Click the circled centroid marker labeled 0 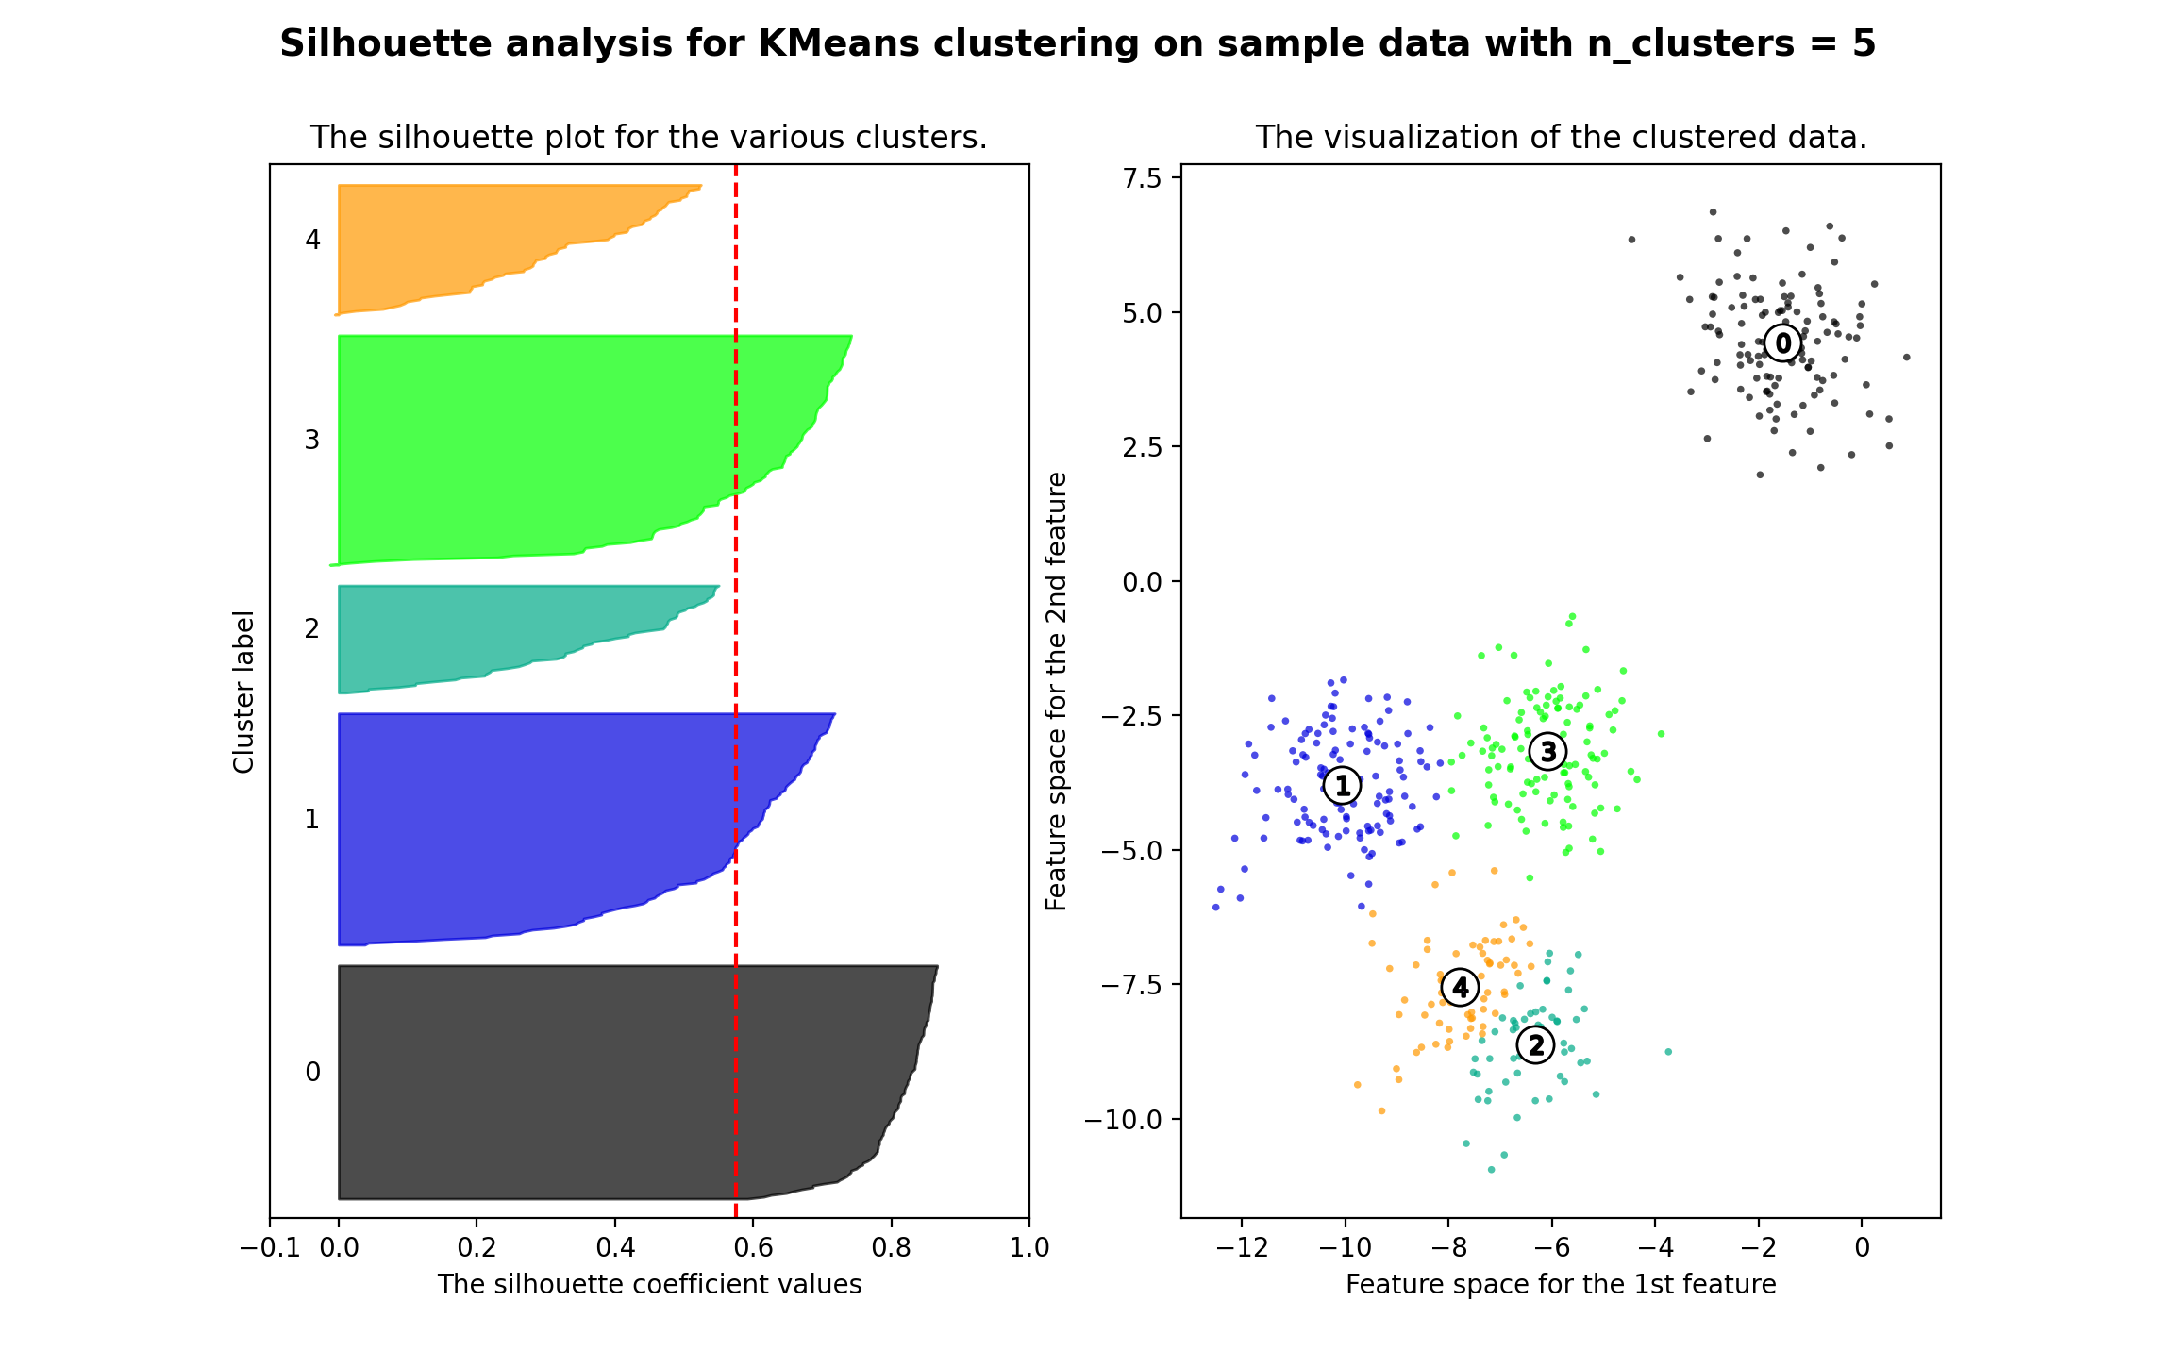click(1781, 342)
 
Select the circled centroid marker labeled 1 click(1342, 784)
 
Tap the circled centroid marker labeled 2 click(1535, 1044)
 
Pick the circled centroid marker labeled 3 click(1547, 751)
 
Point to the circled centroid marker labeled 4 click(1460, 987)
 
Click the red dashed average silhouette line click(736, 660)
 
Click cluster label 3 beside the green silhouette click(312, 440)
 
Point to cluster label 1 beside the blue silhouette click(312, 819)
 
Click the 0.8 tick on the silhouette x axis click(891, 1247)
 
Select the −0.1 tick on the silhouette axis click(270, 1247)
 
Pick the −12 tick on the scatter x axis click(1242, 1247)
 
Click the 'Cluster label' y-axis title click(244, 692)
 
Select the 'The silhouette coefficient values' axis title click(649, 1284)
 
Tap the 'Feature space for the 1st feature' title click(1561, 1284)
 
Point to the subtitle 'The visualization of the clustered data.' click(1561, 138)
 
